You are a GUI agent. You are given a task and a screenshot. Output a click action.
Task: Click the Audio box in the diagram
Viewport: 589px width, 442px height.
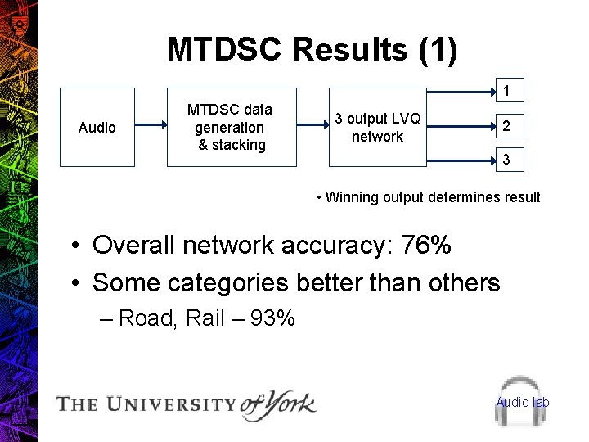(x=97, y=127)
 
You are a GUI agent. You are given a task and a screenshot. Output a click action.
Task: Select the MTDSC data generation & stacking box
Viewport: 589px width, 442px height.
(x=232, y=127)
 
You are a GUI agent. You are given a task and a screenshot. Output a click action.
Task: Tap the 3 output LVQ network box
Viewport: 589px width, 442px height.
(x=378, y=127)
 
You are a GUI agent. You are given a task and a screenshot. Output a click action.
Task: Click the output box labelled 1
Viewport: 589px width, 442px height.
(x=507, y=89)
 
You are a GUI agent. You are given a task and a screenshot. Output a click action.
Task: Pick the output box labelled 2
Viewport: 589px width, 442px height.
(x=507, y=126)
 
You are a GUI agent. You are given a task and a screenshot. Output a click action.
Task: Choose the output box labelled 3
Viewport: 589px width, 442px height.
(x=507, y=160)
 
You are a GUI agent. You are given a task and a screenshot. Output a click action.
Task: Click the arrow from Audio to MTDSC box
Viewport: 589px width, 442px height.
(x=151, y=125)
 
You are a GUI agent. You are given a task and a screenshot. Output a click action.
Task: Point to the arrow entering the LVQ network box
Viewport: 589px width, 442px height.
(x=312, y=125)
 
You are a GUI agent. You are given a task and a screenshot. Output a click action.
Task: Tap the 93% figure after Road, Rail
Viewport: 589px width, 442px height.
(x=272, y=318)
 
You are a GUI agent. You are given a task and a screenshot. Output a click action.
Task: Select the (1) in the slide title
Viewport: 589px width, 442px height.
(x=437, y=50)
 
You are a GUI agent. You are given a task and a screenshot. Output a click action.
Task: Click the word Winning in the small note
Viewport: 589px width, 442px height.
(x=351, y=197)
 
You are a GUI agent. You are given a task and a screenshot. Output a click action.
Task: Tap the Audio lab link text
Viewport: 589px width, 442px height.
(x=523, y=402)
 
